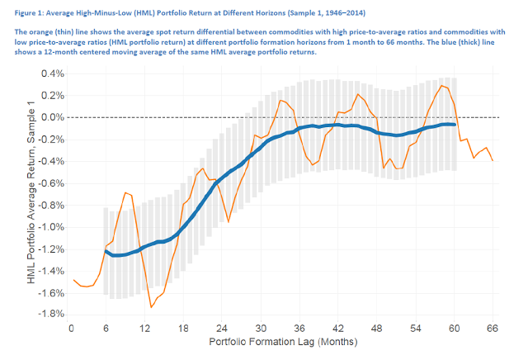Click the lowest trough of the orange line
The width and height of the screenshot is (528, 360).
(x=151, y=307)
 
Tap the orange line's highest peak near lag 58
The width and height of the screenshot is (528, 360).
(x=443, y=84)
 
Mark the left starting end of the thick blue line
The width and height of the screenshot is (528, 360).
(x=106, y=250)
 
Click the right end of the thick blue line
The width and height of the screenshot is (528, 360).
(x=455, y=125)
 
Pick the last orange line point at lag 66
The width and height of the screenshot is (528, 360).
(x=493, y=160)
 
